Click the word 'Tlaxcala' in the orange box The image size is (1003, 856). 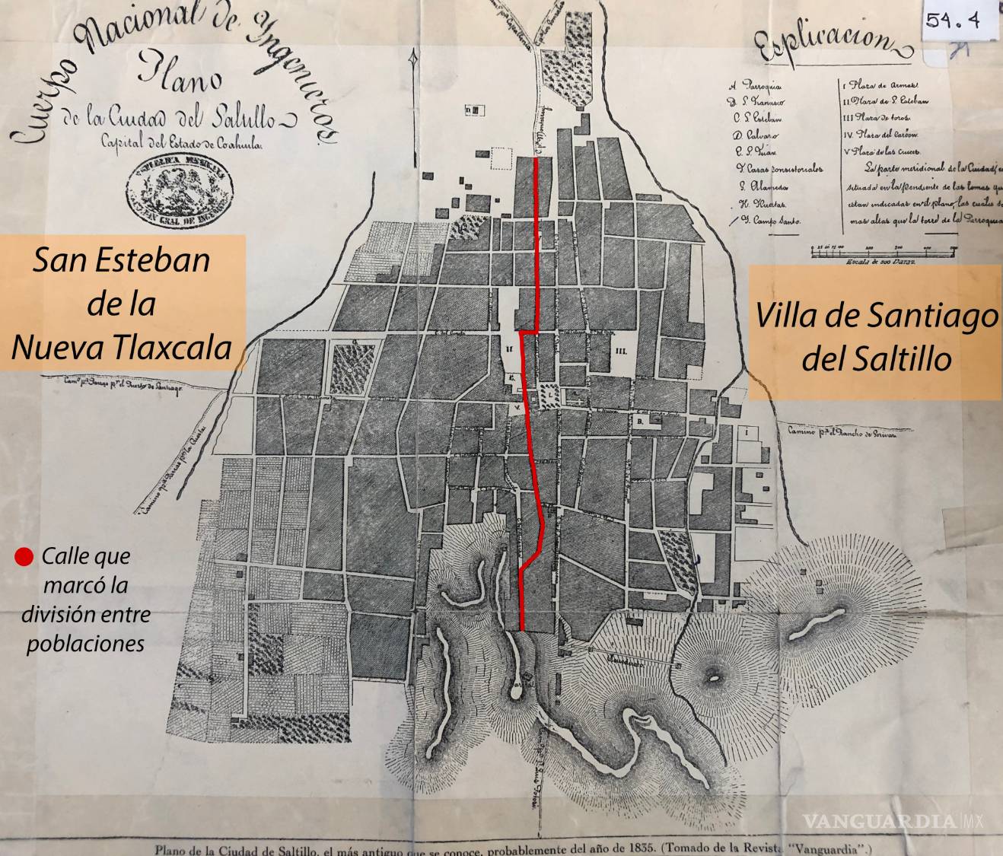coord(176,347)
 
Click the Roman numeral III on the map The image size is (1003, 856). coord(622,351)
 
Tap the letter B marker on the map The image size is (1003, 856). coord(640,419)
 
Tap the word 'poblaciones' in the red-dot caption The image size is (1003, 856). coord(85,644)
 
